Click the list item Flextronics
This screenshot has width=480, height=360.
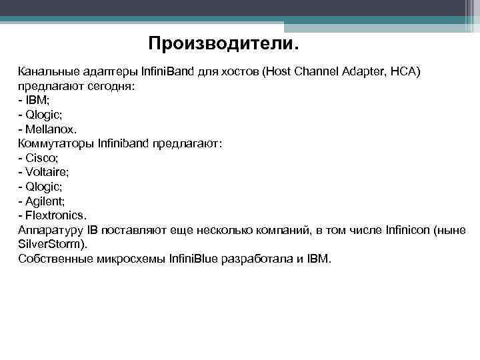point(56,215)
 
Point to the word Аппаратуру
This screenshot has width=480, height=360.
point(51,230)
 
